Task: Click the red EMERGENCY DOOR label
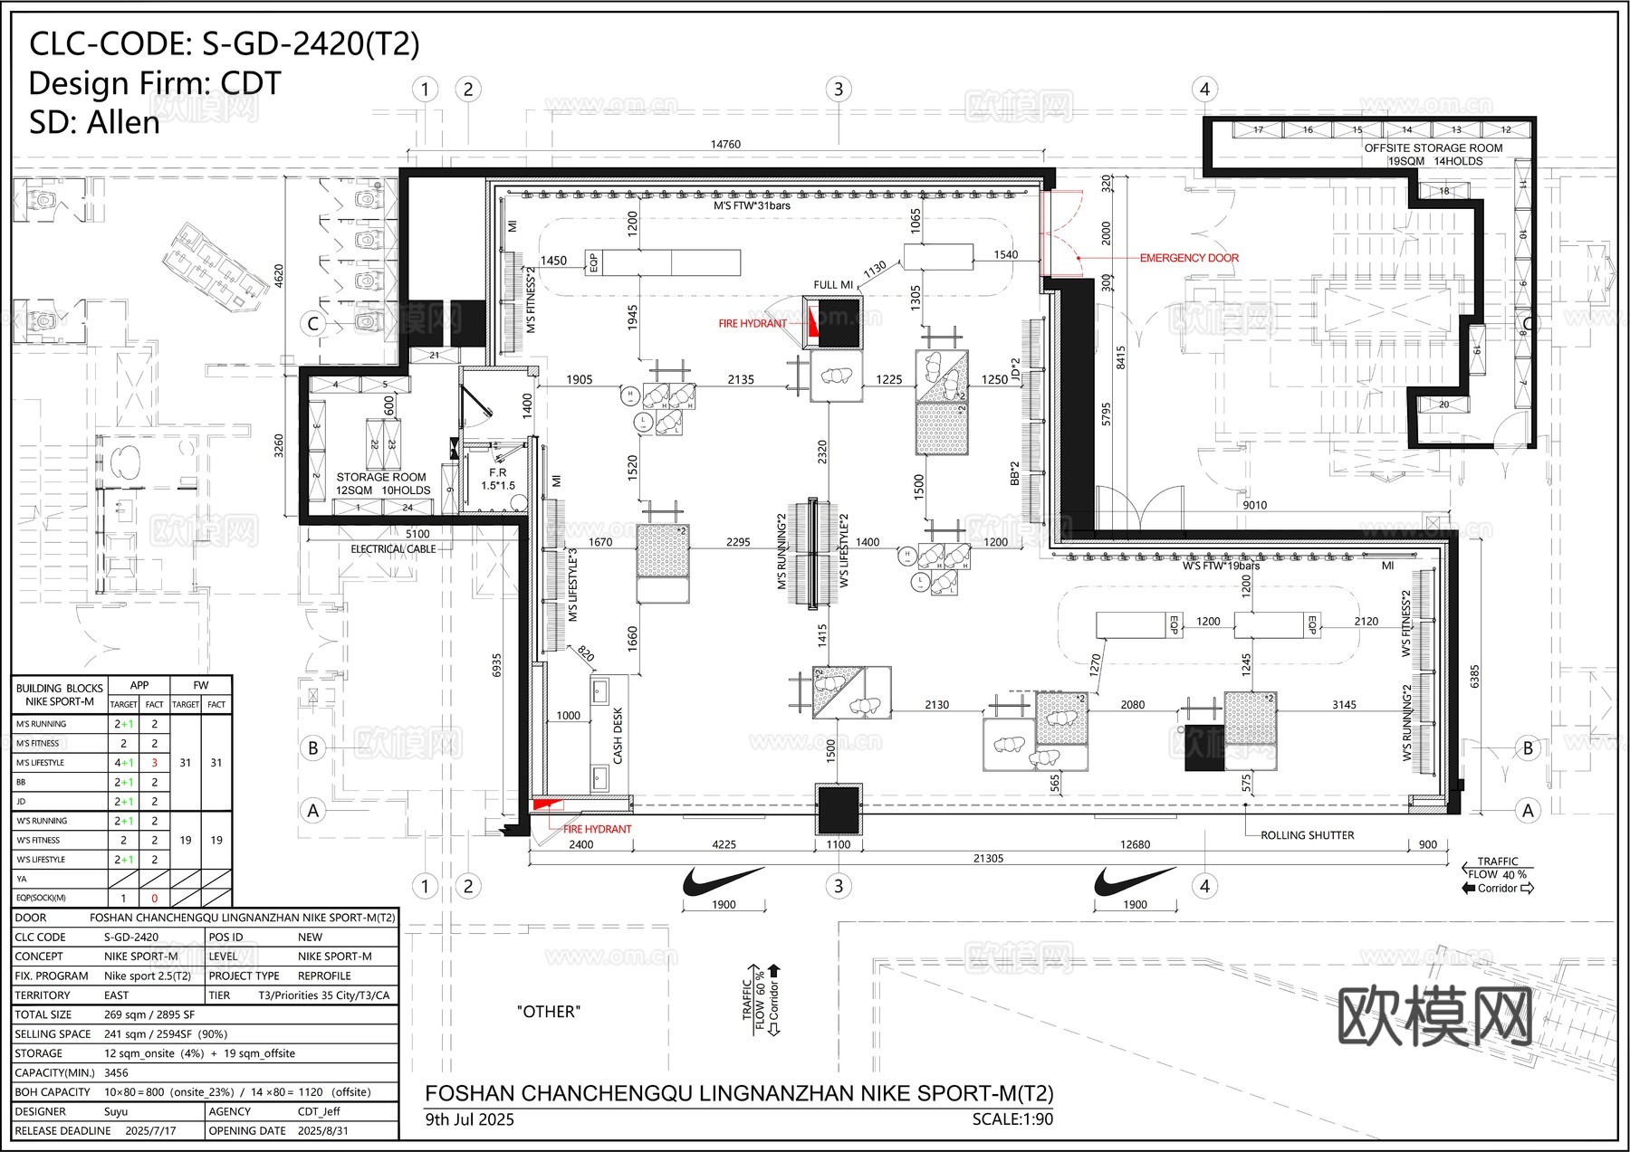tap(1188, 258)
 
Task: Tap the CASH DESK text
tap(618, 735)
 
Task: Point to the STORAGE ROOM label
tap(380, 477)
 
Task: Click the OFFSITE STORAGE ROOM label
tap(1433, 148)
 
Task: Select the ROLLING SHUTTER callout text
tap(1307, 835)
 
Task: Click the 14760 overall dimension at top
tap(724, 144)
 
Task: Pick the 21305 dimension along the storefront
tap(987, 858)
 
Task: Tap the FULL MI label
tap(832, 285)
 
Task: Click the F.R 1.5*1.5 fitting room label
tap(497, 479)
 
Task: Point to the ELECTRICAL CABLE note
tap(393, 549)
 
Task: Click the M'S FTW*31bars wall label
tap(751, 206)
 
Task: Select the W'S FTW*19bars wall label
tap(1221, 566)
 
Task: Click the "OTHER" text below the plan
tap(548, 1012)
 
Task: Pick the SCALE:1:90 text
tap(1012, 1119)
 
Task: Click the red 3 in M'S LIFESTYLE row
tap(154, 763)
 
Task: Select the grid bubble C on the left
tap(313, 324)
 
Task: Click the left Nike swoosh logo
tap(722, 881)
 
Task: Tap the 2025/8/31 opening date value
tap(322, 1130)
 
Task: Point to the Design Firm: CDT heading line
tap(155, 83)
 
